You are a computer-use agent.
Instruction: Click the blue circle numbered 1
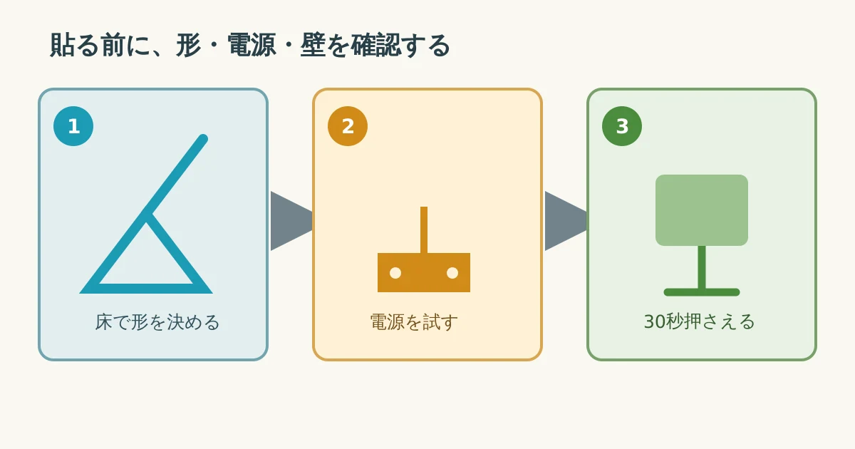pos(73,126)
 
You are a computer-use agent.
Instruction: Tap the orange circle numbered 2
pos(348,126)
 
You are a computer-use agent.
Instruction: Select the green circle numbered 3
pos(622,126)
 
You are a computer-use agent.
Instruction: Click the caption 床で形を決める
pos(157,322)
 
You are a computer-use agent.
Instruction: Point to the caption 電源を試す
pos(414,322)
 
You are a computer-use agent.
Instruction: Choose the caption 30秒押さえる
pos(699,321)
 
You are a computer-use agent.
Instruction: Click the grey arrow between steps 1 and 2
pos(291,221)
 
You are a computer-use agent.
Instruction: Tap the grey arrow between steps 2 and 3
pos(566,221)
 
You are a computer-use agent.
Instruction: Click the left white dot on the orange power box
pos(395,273)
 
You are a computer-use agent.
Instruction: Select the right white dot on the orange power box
pos(452,273)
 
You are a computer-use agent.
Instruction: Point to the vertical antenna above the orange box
pos(424,229)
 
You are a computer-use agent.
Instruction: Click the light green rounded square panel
pos(702,210)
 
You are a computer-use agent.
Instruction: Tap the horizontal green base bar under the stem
pos(702,292)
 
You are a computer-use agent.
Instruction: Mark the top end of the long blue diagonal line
pos(204,138)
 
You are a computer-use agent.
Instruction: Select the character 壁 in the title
pos(313,46)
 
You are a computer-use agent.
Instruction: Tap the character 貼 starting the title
pos(62,46)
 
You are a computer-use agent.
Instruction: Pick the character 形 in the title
pos(188,46)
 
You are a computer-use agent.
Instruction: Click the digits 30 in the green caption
pos(655,321)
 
